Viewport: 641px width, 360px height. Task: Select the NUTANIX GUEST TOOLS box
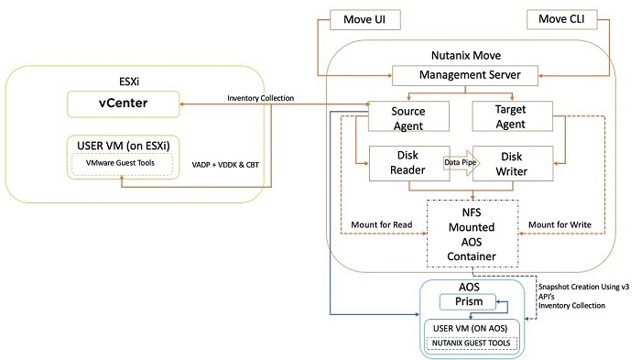(x=470, y=344)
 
